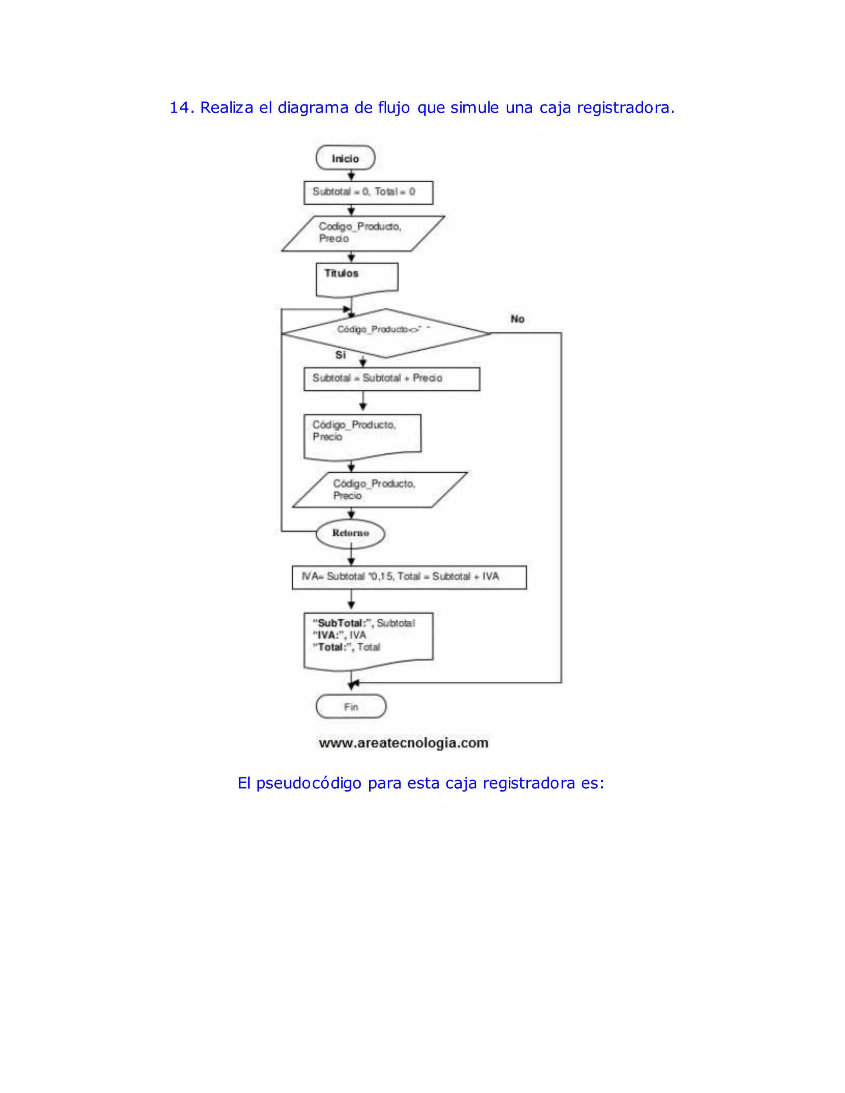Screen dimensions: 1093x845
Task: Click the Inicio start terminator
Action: [x=345, y=158]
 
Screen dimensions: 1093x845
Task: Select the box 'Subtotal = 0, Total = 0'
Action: [x=368, y=192]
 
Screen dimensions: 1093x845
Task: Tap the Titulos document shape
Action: [x=356, y=278]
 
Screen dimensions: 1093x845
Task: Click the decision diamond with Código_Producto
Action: [x=385, y=333]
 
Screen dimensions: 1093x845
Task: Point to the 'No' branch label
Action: [x=517, y=319]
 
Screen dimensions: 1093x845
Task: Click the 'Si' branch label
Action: [x=340, y=355]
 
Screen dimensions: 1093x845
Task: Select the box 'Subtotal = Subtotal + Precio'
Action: [x=392, y=379]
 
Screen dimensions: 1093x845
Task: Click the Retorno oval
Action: [x=350, y=533]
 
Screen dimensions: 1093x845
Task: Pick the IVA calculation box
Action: [x=409, y=577]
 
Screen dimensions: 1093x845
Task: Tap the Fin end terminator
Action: [x=351, y=707]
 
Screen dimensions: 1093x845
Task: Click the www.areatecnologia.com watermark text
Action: [x=404, y=743]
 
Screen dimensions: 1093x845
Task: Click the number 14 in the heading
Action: [x=179, y=108]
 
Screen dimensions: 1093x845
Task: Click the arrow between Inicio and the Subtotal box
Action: [x=351, y=175]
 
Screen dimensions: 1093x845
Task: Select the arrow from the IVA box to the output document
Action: [x=351, y=600]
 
